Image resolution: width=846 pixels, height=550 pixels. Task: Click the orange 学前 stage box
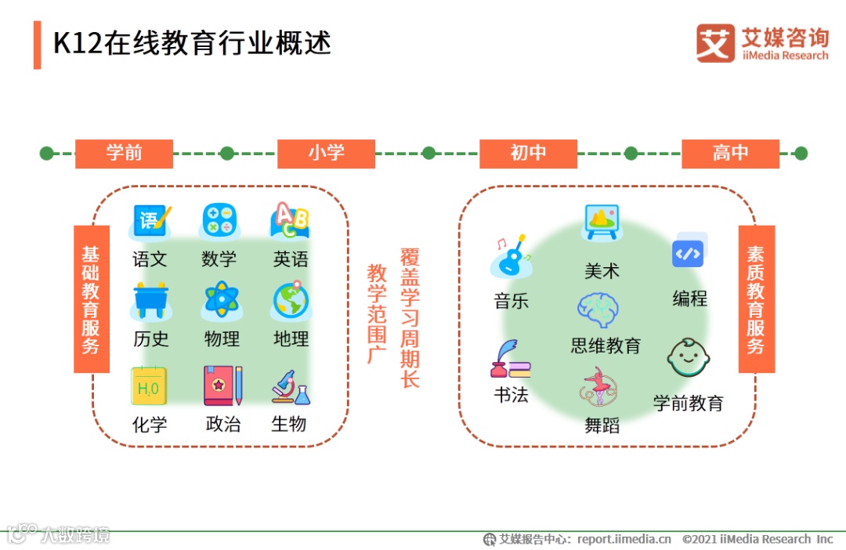coord(124,154)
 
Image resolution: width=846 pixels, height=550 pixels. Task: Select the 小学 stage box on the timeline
coord(326,154)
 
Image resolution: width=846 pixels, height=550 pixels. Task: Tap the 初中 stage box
coord(528,154)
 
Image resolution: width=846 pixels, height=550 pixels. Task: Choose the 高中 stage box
coord(730,154)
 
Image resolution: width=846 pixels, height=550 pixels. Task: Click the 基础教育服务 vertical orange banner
coord(91,299)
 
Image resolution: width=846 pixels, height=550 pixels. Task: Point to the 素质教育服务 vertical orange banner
coord(756,299)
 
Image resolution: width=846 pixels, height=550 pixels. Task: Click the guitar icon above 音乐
coord(512,256)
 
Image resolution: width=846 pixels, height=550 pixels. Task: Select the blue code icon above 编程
coord(689,251)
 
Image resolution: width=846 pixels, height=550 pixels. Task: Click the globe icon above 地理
coord(291,301)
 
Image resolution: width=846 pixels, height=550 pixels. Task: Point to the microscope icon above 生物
coord(291,387)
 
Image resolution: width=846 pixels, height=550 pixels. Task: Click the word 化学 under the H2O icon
coord(150,425)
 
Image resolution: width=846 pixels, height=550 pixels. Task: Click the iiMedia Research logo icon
coord(715,43)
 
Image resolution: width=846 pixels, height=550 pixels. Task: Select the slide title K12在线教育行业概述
coord(192,43)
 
